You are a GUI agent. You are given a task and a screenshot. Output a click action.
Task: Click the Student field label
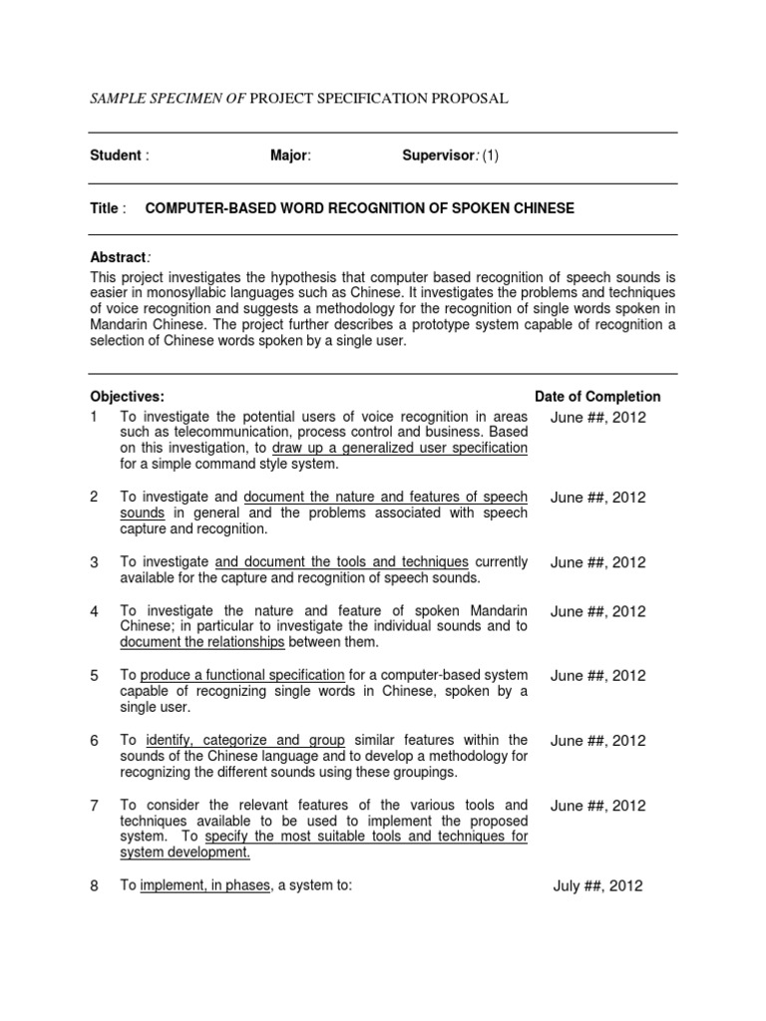pyautogui.click(x=117, y=156)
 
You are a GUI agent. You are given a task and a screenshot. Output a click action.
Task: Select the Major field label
pyautogui.click(x=290, y=156)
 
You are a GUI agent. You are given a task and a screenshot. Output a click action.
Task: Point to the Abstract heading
pyautogui.click(x=119, y=257)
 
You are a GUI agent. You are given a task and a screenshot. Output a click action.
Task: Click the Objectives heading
pyautogui.click(x=128, y=396)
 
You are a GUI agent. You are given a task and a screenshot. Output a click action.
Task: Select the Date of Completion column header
pyautogui.click(x=597, y=396)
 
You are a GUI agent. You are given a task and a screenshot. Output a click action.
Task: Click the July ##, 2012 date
pyautogui.click(x=597, y=885)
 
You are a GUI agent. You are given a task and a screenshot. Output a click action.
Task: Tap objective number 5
pyautogui.click(x=95, y=676)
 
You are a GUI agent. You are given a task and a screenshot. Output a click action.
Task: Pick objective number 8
pyautogui.click(x=95, y=885)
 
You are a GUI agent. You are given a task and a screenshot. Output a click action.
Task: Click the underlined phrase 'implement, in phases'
pyautogui.click(x=206, y=885)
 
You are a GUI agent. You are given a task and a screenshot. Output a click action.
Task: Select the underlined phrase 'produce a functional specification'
pyautogui.click(x=242, y=676)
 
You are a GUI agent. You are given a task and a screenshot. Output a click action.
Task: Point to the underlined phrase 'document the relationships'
pyautogui.click(x=202, y=642)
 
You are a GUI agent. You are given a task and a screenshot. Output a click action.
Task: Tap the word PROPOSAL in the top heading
pyautogui.click(x=470, y=98)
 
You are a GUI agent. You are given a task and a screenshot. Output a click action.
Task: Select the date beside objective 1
pyautogui.click(x=597, y=418)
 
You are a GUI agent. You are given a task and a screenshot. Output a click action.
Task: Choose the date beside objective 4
pyautogui.click(x=597, y=611)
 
